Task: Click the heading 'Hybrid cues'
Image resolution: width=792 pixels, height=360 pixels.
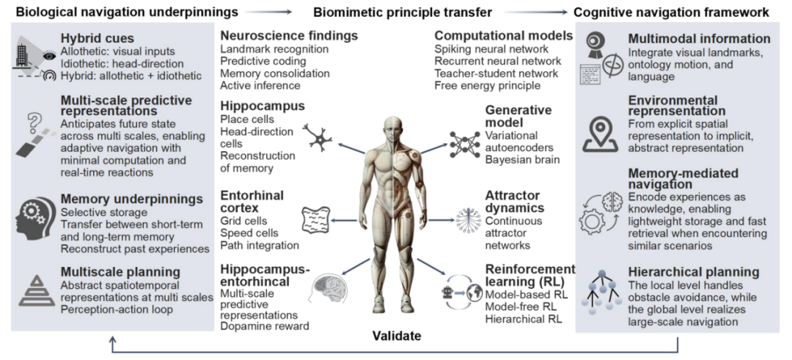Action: (x=98, y=38)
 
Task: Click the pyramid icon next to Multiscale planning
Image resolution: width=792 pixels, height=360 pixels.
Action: (x=37, y=291)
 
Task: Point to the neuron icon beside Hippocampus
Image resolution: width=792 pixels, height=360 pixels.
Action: (x=318, y=138)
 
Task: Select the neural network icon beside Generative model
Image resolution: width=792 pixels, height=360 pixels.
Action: (x=464, y=143)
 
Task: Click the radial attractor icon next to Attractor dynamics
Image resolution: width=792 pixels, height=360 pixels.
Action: (x=466, y=221)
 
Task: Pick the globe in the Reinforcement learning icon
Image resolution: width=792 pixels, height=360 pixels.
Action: (x=474, y=294)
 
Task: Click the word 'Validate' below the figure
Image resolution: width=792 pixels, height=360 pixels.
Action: (x=397, y=335)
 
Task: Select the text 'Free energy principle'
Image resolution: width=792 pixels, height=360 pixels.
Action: (x=488, y=85)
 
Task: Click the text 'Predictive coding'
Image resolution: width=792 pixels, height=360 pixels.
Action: (x=263, y=61)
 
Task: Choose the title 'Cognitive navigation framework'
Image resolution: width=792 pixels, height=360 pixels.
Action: (x=671, y=12)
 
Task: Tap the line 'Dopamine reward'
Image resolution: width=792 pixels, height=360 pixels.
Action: (x=265, y=326)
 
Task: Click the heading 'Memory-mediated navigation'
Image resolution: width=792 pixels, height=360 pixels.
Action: (x=683, y=179)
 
